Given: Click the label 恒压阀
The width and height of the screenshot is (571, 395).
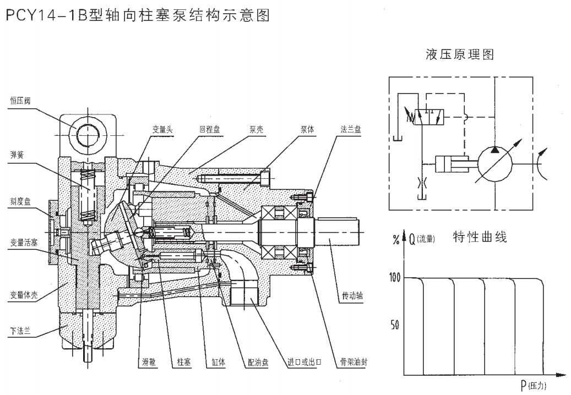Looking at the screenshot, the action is pos(20,101).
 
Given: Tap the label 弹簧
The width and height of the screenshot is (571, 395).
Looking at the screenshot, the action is pos(17,155).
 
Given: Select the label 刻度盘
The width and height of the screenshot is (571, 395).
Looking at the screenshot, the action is pos(20,201).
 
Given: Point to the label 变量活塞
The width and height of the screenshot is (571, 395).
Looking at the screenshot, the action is pos(24,242).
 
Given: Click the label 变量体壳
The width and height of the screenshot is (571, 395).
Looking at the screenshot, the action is pos(24,295).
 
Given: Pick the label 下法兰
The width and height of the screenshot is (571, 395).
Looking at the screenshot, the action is pos(20,331).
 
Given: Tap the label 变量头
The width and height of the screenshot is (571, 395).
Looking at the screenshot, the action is pos(162,129).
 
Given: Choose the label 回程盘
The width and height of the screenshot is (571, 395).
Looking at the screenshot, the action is pos(210,129).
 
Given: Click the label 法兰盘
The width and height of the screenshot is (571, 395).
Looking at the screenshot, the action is pos(351,129).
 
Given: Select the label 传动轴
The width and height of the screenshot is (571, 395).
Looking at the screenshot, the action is pos(352,296).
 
